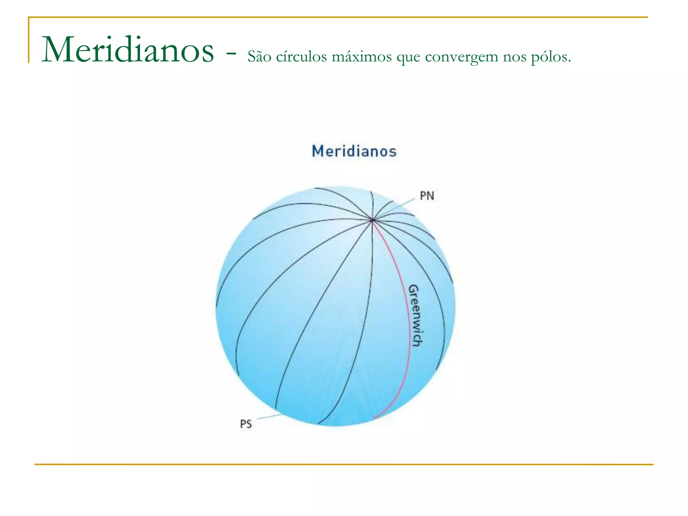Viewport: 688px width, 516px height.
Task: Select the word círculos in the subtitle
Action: coord(301,56)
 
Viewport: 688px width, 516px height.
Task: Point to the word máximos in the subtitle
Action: coord(361,56)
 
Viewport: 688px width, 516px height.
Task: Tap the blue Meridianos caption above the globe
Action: coord(354,151)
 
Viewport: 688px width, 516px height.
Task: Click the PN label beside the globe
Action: coord(427,196)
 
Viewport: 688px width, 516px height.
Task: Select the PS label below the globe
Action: coord(246,424)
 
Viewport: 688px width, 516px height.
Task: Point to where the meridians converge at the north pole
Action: coord(372,220)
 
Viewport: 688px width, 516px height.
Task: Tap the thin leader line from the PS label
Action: coord(269,417)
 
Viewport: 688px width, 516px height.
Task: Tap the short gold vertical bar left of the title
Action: coord(29,40)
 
